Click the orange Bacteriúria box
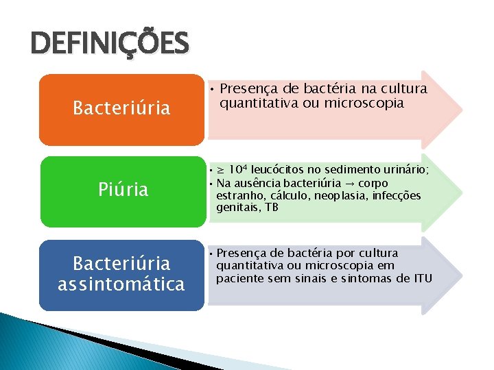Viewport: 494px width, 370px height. coord(121,108)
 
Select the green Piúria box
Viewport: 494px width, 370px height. coord(121,190)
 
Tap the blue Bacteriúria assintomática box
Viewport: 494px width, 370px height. coord(121,274)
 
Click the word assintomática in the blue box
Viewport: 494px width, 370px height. coord(121,284)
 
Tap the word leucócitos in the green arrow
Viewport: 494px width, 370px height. coord(278,169)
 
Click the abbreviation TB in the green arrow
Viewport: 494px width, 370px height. coord(272,208)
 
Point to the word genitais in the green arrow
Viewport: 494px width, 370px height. coord(237,208)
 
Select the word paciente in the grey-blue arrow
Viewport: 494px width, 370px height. coord(237,278)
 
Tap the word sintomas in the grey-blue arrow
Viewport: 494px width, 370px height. coord(366,278)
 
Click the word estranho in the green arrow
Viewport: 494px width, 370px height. coord(237,196)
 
